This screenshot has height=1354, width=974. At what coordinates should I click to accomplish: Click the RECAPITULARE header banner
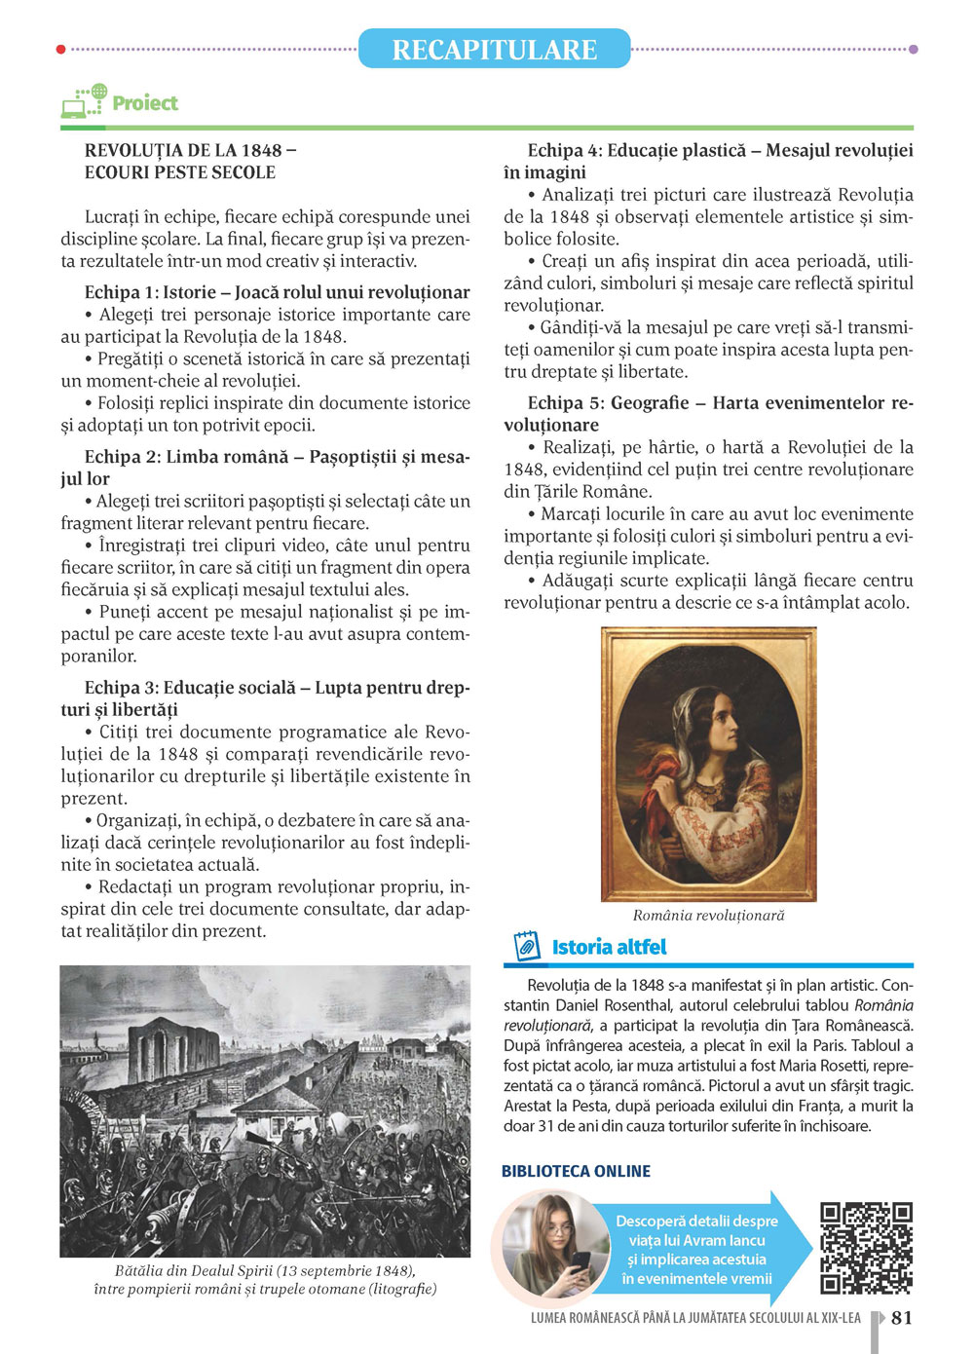pyautogui.click(x=494, y=49)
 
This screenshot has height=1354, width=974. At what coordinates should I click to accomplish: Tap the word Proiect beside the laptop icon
pyautogui.click(x=145, y=103)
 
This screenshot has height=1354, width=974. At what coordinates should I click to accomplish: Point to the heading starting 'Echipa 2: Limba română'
pyautogui.click(x=277, y=457)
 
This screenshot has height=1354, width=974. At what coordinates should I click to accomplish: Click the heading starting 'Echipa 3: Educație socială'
pyautogui.click(x=277, y=688)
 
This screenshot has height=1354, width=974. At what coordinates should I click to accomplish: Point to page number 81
pyautogui.click(x=902, y=1317)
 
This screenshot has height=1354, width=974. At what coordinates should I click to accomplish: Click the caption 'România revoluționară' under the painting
pyautogui.click(x=708, y=915)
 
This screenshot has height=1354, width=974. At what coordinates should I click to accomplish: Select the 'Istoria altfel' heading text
pyautogui.click(x=609, y=947)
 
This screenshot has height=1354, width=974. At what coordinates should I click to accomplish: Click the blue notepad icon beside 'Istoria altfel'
pyautogui.click(x=526, y=946)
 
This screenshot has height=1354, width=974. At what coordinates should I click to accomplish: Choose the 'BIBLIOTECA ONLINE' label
pyautogui.click(x=576, y=1171)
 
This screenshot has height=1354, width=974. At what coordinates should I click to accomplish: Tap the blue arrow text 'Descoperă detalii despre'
pyautogui.click(x=696, y=1221)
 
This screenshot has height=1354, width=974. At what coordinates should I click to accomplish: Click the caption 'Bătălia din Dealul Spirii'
pyautogui.click(x=265, y=1270)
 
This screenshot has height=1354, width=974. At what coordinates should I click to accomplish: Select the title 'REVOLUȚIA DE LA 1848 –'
pyautogui.click(x=191, y=150)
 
